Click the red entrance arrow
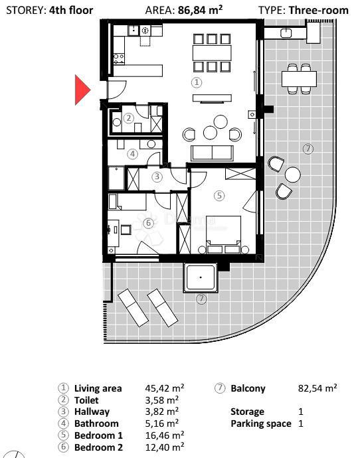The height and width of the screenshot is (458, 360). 81,90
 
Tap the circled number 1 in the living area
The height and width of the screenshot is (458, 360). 196,82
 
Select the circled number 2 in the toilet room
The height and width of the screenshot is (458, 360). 129,118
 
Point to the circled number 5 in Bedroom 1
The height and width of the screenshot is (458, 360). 219,196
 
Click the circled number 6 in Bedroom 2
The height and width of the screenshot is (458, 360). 149,223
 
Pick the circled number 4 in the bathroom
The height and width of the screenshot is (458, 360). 133,154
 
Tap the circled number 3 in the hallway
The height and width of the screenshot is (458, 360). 157,177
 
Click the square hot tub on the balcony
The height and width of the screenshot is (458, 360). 201,277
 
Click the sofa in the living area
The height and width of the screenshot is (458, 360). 212,152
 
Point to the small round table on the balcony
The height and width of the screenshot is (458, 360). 292,175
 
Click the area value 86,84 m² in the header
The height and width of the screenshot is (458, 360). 201,11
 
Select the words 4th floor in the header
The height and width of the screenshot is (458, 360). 71,11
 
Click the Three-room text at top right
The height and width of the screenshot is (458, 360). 319,11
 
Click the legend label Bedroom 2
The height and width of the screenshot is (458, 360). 98,447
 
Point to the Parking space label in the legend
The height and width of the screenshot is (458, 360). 260,423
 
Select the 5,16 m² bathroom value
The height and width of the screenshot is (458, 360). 161,423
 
